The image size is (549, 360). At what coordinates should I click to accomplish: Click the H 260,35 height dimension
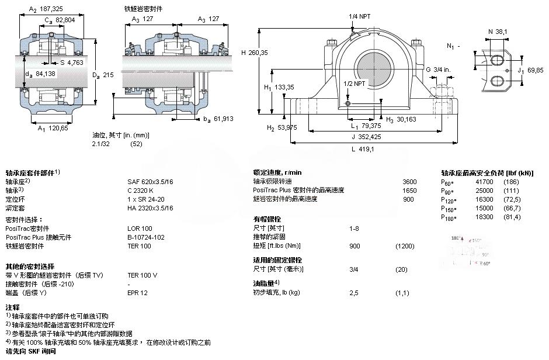(x=254, y=53)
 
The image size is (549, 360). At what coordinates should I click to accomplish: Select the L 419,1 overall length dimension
(x=363, y=150)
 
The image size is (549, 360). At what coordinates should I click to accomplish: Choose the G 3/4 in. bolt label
(x=437, y=70)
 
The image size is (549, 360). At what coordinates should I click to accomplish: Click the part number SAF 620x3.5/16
(x=150, y=182)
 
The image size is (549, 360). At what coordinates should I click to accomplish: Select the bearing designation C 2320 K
(x=141, y=190)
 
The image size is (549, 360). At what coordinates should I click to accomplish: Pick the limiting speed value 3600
(x=411, y=182)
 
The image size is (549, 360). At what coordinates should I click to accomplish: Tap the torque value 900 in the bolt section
(x=355, y=245)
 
